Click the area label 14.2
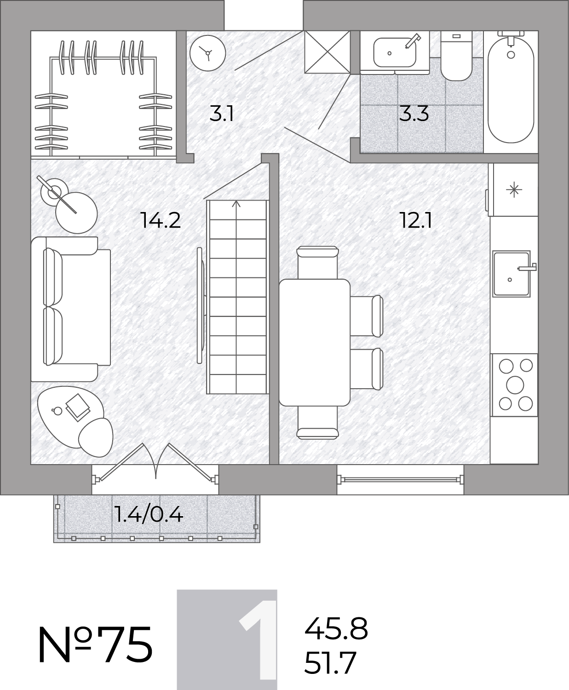click(x=161, y=220)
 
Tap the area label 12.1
click(x=416, y=220)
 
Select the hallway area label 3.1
click(x=222, y=114)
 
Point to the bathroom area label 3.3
click(x=414, y=114)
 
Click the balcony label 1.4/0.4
click(x=149, y=515)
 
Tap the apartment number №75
click(x=96, y=645)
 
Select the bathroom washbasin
click(x=395, y=52)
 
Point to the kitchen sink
click(x=512, y=274)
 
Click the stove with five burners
click(x=514, y=385)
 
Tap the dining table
click(x=315, y=342)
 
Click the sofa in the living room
click(x=71, y=309)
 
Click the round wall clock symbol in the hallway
click(x=208, y=53)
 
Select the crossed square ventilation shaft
click(x=327, y=52)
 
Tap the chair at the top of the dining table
click(x=317, y=263)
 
